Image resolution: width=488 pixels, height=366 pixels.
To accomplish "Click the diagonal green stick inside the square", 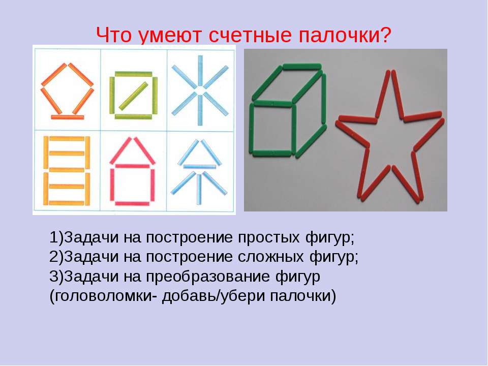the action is pos(133,96).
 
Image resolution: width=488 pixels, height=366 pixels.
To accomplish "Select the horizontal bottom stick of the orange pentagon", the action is pos(68,117).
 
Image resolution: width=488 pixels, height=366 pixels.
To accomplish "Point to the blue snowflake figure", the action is pos(200,90).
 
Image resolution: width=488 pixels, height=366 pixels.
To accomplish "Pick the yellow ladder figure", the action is pos(67,171).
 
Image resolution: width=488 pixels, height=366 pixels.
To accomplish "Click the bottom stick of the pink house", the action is pos(132,203).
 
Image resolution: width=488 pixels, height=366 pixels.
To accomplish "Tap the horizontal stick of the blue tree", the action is pos(199,167).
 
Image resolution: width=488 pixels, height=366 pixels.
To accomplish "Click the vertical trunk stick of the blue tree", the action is pos(199,189).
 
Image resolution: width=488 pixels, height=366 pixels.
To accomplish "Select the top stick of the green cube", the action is pos(302,66).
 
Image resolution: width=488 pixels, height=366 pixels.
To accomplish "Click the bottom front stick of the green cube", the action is pos(271,153).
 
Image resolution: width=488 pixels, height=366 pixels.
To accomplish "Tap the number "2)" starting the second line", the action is pos(56,257).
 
